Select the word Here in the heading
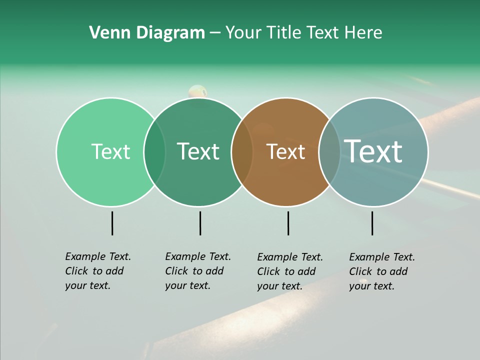tap(365, 33)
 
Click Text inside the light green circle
tap(110, 151)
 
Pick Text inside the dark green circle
tap(198, 151)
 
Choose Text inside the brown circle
tap(285, 151)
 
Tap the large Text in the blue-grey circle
tap(373, 151)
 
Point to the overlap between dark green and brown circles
tap(242, 151)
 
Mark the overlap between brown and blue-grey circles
tap(329, 151)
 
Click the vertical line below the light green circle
tap(112, 223)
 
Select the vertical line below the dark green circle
tap(200, 223)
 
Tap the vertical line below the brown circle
tap(288, 223)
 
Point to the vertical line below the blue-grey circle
tap(372, 223)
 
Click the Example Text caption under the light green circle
tap(98, 271)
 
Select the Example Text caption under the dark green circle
tap(198, 271)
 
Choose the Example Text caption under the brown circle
tap(290, 271)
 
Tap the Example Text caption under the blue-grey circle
tap(382, 271)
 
